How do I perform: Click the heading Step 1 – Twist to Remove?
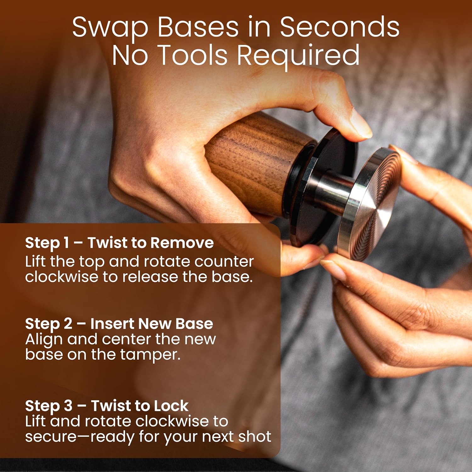pos(119,243)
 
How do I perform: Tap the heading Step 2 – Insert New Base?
pos(119,323)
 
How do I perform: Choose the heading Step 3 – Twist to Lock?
pos(107,406)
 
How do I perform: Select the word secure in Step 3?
pos(51,437)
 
